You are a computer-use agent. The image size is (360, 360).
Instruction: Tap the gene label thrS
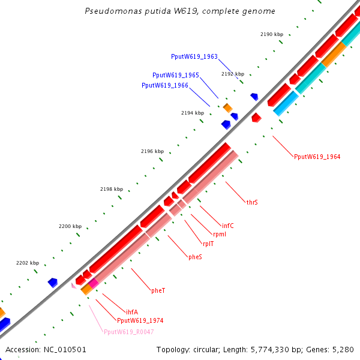[x=252, y=203]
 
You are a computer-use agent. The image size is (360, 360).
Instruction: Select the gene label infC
[x=228, y=226]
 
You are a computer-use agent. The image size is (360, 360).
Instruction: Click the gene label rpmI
[x=219, y=234]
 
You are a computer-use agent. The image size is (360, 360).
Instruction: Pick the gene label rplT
[x=208, y=244]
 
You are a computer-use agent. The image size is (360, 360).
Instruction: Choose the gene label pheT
[x=158, y=290]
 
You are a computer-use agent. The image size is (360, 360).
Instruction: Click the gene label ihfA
[x=132, y=312]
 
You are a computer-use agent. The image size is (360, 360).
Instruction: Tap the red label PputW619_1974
[x=140, y=320]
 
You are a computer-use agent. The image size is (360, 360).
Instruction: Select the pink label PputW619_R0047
[x=128, y=332]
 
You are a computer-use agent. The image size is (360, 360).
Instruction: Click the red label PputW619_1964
[x=317, y=157]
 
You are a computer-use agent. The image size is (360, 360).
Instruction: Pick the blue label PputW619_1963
[x=194, y=56]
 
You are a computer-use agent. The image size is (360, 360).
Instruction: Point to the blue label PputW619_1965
[x=176, y=75]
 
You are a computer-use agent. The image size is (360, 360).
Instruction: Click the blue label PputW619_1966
[x=165, y=85]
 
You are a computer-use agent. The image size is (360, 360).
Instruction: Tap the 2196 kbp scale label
[x=152, y=151]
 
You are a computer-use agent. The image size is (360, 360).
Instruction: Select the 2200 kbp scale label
[x=70, y=226]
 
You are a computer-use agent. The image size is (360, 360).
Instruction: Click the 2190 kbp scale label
[x=272, y=34]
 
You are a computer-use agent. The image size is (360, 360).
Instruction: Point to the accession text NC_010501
[x=46, y=349]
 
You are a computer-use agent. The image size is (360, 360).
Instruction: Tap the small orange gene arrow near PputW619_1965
[x=227, y=107]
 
